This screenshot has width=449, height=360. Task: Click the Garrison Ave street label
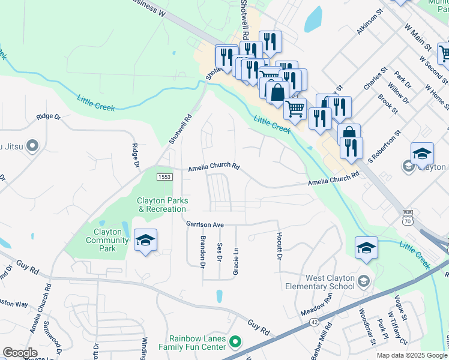(205, 224)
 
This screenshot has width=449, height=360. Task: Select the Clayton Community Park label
(107, 236)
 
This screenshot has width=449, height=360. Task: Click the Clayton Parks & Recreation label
(162, 205)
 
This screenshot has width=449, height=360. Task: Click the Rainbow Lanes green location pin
(235, 343)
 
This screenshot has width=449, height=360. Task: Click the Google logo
(20, 353)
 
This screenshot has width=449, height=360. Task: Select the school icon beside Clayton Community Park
(145, 240)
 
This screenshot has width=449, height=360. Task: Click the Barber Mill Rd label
(322, 341)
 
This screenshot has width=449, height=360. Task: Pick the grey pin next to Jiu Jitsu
(33, 145)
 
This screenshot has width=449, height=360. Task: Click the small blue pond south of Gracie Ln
(219, 296)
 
